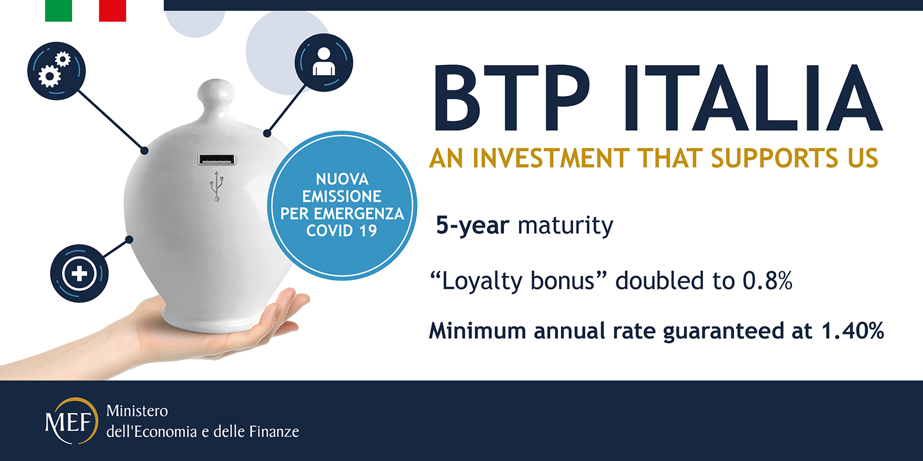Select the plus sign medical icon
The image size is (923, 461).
coord(79,273)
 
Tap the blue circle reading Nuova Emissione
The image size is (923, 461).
coord(342,204)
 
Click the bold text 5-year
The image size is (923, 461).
coord(473,226)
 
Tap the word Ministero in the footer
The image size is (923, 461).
coord(137,411)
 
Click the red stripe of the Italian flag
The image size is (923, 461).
coord(112,11)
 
